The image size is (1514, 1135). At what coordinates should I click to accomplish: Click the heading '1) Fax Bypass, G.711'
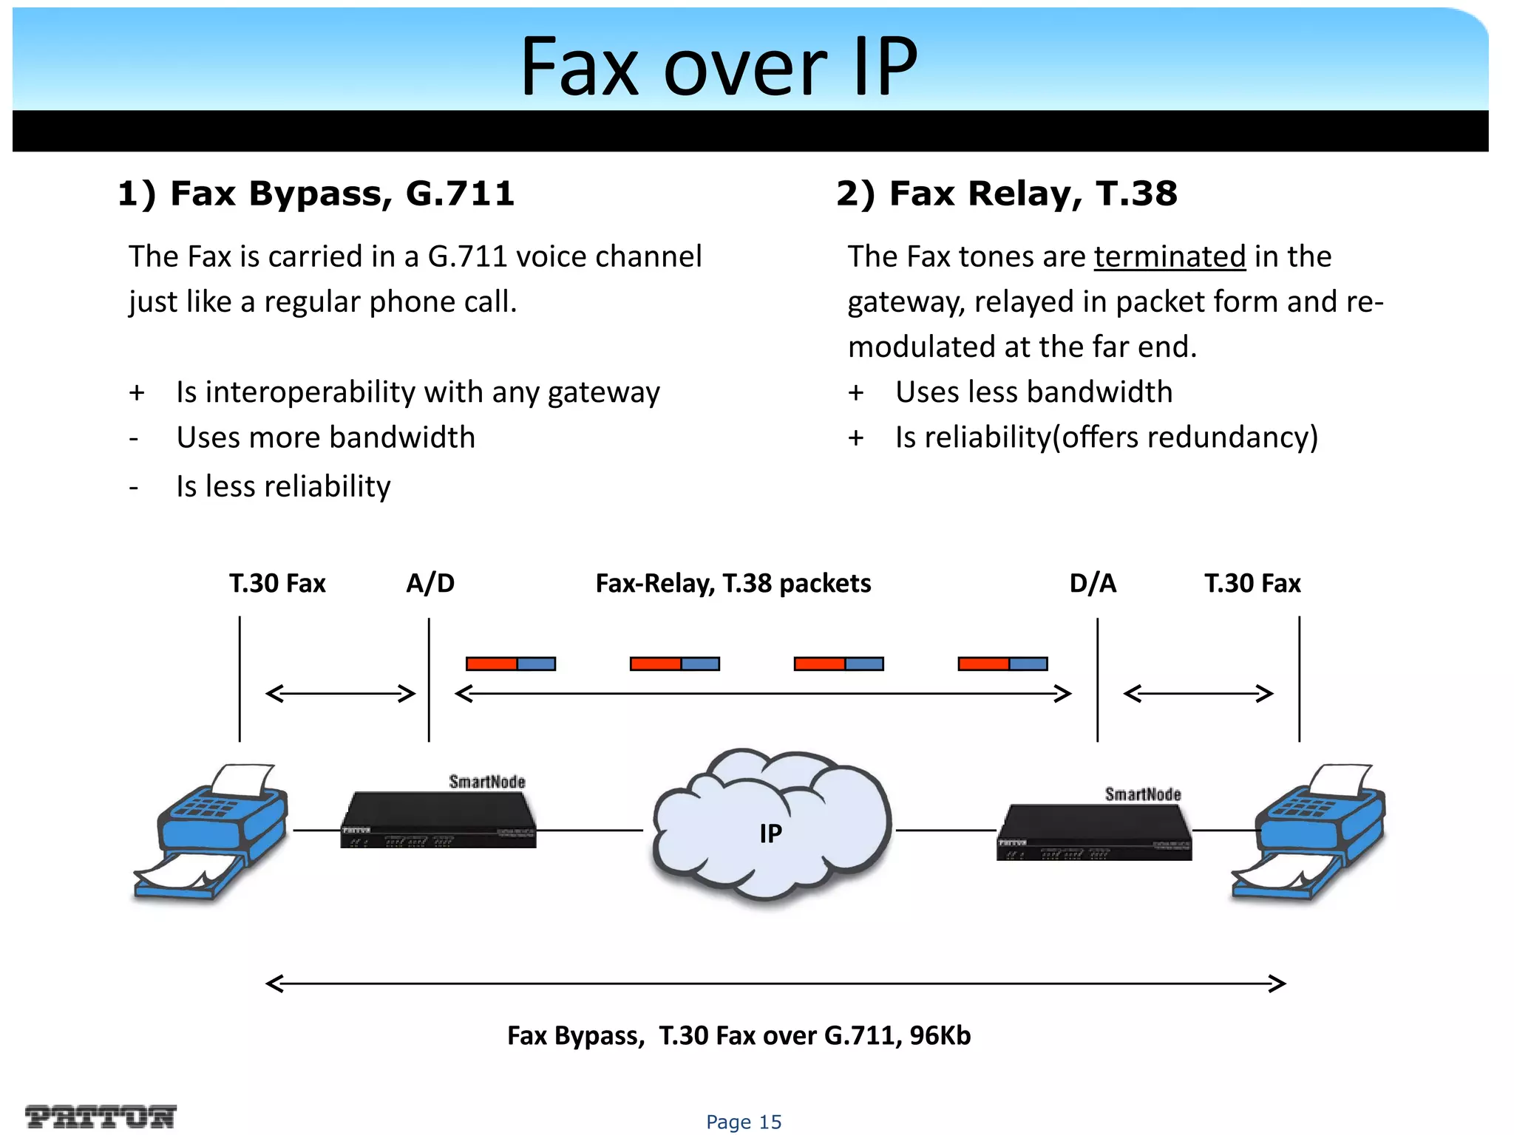316,194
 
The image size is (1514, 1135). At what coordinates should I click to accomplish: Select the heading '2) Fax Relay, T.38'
1006,194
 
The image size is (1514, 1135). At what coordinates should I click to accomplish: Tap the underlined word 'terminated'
1170,256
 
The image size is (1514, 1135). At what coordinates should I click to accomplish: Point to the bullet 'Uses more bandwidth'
325,437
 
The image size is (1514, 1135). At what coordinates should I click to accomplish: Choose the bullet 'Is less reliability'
283,486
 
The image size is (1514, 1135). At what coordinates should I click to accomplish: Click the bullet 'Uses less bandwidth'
1033,392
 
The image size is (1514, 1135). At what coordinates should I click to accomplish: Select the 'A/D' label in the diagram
430,584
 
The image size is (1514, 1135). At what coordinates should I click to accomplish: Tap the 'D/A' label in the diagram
1093,584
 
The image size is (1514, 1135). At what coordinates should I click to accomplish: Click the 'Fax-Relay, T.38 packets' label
733,584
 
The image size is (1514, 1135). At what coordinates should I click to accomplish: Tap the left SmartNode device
438,820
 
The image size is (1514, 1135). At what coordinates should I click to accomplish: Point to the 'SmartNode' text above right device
1143,794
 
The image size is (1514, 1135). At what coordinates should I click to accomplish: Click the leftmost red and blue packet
510,664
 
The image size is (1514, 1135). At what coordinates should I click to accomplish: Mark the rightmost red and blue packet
1002,664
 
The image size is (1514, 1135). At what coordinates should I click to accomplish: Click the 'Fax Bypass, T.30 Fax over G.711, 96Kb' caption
739,1036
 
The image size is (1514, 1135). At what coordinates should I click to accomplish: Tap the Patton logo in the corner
101,1116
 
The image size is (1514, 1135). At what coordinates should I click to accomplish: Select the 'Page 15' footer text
744,1122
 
